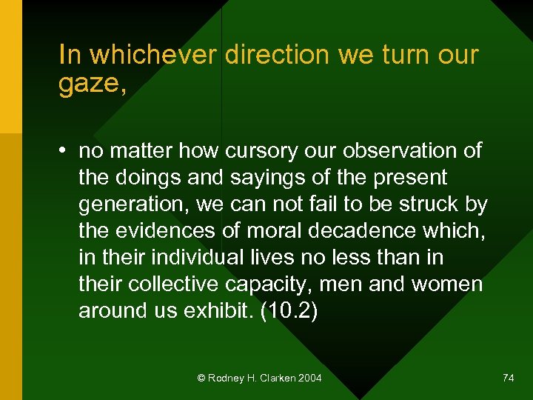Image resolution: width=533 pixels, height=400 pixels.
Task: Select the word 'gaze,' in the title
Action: (x=93, y=84)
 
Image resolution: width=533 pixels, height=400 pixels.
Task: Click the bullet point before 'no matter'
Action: (x=66, y=151)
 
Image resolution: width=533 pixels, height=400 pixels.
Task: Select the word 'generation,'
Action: (x=133, y=204)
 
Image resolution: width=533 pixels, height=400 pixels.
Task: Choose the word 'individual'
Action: (x=195, y=258)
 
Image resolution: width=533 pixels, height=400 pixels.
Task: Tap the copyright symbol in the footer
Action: (x=201, y=378)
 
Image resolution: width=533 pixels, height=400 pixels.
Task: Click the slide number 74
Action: (x=508, y=378)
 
